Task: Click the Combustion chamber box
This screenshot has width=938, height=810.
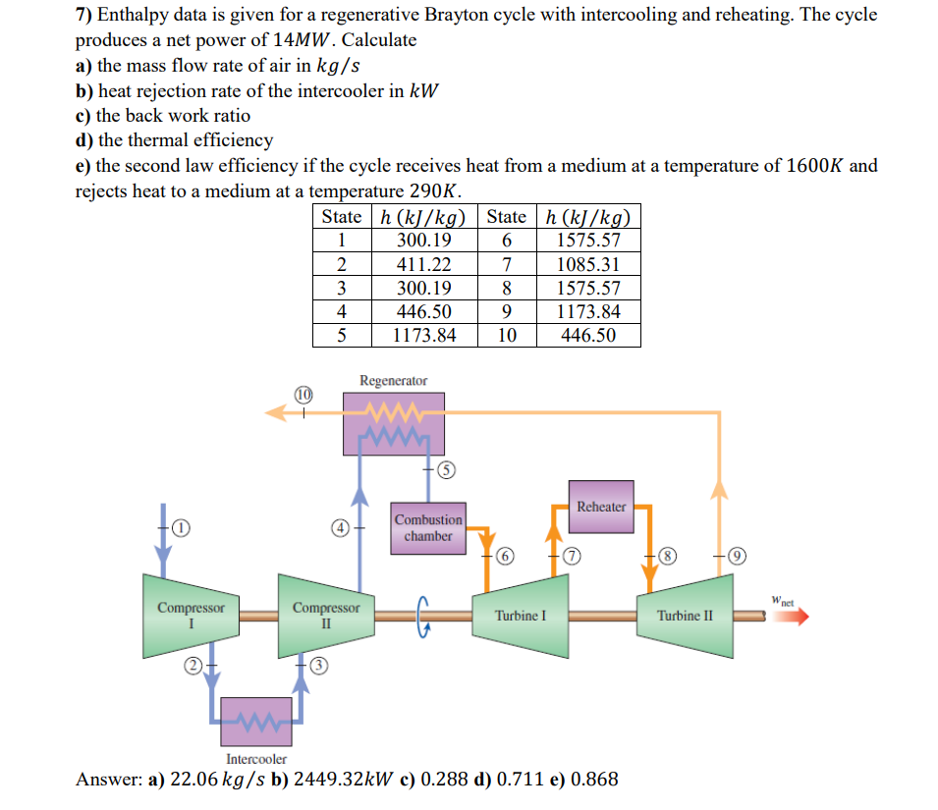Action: (428, 528)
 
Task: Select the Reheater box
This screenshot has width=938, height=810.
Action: (601, 507)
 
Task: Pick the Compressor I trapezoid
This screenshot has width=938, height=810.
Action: (191, 615)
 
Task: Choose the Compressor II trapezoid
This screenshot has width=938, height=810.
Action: (326, 615)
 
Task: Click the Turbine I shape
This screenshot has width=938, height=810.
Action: (521, 615)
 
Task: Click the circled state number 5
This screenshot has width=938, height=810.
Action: (445, 470)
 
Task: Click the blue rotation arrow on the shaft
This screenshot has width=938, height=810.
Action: (424, 616)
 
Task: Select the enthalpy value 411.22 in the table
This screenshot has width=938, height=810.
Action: (423, 264)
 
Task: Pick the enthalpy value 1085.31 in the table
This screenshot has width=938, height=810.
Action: (587, 264)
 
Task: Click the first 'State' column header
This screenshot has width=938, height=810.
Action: (341, 217)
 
